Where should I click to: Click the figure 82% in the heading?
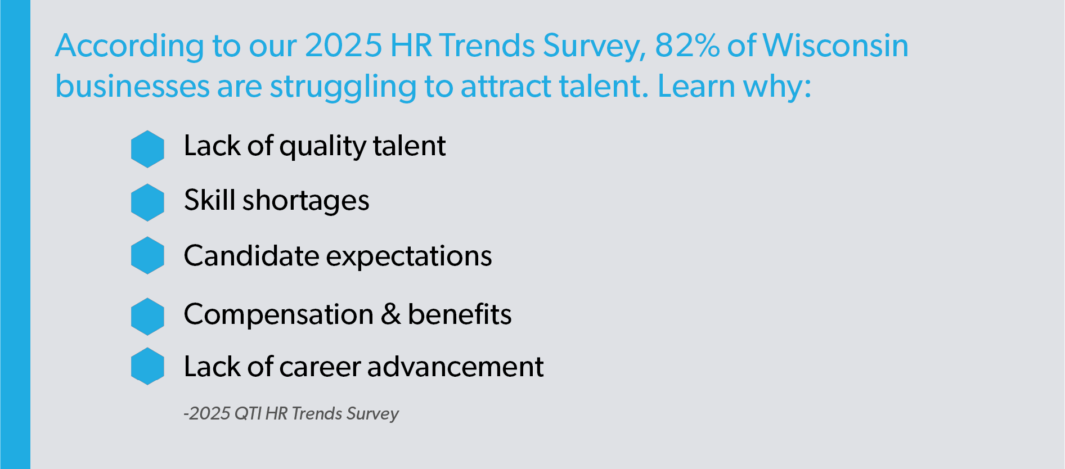(687, 45)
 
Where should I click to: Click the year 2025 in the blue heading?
(343, 45)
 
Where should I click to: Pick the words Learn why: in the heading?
(734, 87)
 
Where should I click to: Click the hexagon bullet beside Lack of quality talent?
(147, 149)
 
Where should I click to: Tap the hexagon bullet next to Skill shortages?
(147, 202)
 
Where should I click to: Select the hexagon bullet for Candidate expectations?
(147, 255)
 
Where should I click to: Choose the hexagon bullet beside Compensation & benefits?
(147, 317)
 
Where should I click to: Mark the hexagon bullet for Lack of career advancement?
(147, 366)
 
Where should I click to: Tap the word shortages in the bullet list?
(305, 202)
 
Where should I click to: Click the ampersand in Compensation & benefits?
(390, 314)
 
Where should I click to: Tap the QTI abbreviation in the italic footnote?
(248, 413)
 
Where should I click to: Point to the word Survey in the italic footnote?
(372, 414)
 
